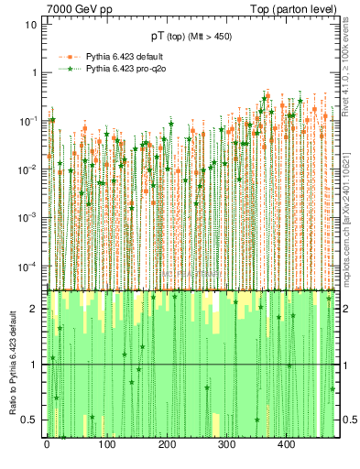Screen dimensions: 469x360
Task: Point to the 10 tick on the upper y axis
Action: pyautogui.click(x=31, y=25)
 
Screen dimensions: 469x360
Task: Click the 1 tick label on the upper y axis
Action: pyautogui.click(x=34, y=73)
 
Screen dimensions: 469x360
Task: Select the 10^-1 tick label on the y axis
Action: pyautogui.click(x=28, y=121)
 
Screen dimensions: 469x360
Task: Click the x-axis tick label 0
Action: pyautogui.click(x=47, y=446)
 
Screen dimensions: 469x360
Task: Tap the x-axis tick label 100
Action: pyautogui.click(x=106, y=446)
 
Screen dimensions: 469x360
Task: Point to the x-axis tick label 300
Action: pyautogui.click(x=226, y=446)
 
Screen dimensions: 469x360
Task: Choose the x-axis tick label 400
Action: pyautogui.click(x=286, y=446)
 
